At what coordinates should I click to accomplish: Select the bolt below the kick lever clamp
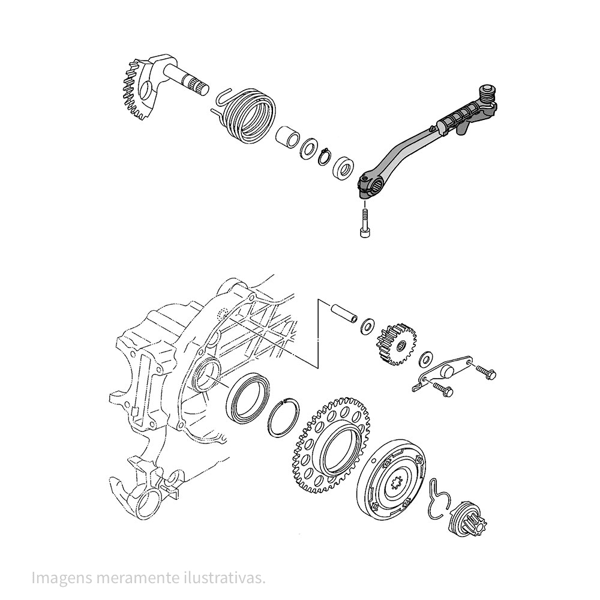[x=365, y=223]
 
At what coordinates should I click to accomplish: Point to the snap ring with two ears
[x=324, y=157]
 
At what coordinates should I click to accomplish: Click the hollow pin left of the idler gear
[x=344, y=313]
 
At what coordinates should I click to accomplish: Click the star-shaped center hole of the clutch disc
[x=397, y=484]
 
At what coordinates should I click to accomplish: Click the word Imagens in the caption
[x=62, y=578]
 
